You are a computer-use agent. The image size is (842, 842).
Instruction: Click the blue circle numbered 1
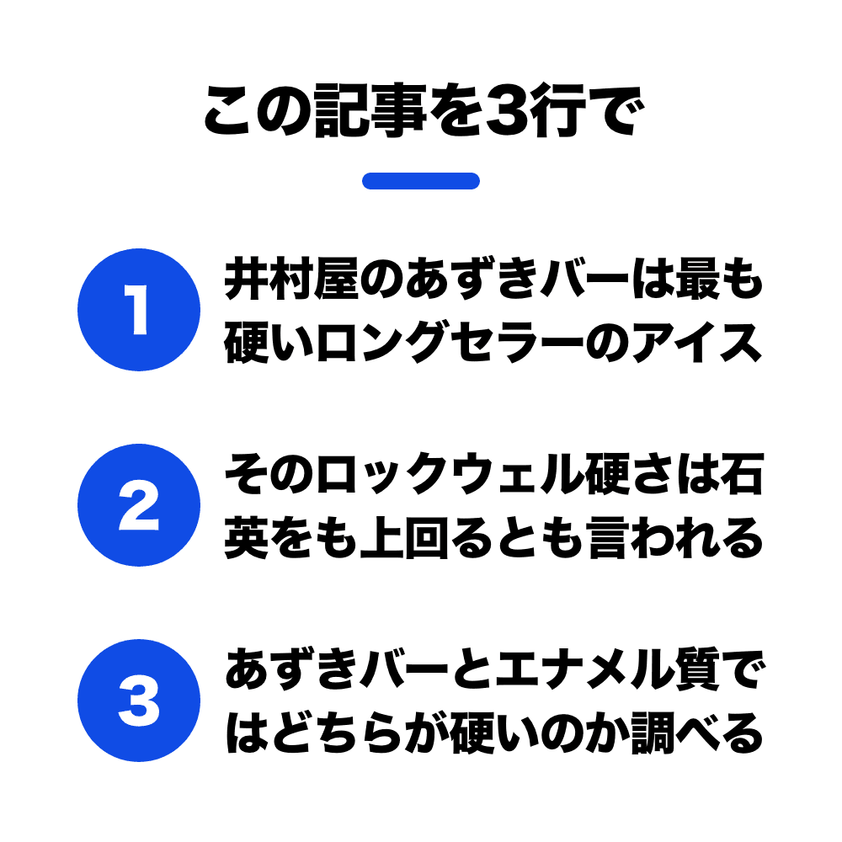coord(139,310)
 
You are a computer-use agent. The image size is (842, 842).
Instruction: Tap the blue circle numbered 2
coord(139,505)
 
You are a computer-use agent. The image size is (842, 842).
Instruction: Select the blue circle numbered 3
coord(139,701)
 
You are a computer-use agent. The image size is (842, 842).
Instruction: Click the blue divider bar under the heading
coord(421,181)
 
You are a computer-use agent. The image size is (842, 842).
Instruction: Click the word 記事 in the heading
coord(370,111)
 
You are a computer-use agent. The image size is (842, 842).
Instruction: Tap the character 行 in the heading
coord(558,111)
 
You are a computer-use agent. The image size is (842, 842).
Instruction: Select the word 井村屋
coord(291,279)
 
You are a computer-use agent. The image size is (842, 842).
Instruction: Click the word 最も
coord(719,279)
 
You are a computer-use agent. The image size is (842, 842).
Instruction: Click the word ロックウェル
coord(450,474)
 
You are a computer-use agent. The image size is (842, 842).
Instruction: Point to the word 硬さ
coord(629,474)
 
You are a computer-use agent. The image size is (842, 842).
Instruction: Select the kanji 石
coord(742,474)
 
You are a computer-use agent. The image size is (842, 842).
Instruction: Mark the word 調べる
coord(697,733)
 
